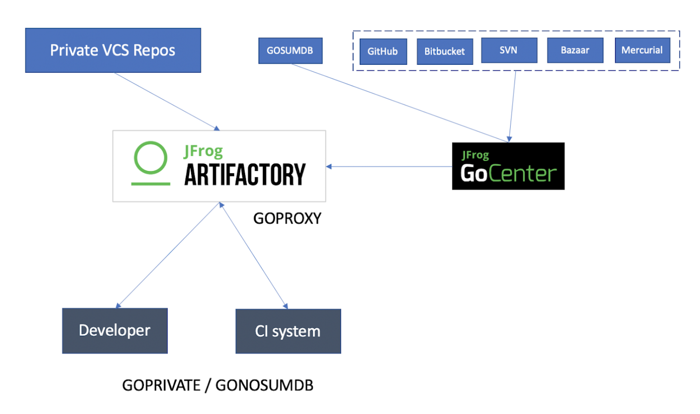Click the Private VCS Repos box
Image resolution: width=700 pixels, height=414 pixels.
click(x=113, y=50)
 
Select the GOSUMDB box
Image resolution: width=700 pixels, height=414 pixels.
click(x=290, y=51)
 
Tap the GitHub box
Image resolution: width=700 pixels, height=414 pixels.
click(x=383, y=52)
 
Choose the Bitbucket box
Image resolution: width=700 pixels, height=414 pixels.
click(x=444, y=52)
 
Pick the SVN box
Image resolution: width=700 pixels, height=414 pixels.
click(x=509, y=50)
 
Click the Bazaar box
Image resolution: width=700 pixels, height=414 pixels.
click(x=575, y=50)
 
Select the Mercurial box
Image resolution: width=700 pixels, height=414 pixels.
click(x=642, y=50)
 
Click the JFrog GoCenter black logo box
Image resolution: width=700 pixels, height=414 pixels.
click(x=508, y=166)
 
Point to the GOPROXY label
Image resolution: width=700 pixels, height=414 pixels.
click(x=287, y=218)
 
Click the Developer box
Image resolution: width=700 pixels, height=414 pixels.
click(x=115, y=330)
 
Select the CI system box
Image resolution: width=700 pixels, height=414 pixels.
click(x=288, y=331)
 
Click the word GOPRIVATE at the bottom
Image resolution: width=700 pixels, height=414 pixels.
click(x=161, y=386)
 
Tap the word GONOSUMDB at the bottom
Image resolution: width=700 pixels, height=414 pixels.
click(x=264, y=386)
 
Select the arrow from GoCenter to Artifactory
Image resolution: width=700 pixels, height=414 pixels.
click(x=389, y=167)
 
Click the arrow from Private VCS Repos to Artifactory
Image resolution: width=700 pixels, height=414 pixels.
click(x=166, y=101)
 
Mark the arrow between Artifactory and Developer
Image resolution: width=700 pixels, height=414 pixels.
click(x=169, y=255)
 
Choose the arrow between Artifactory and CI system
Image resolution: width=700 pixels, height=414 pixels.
click(x=254, y=255)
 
